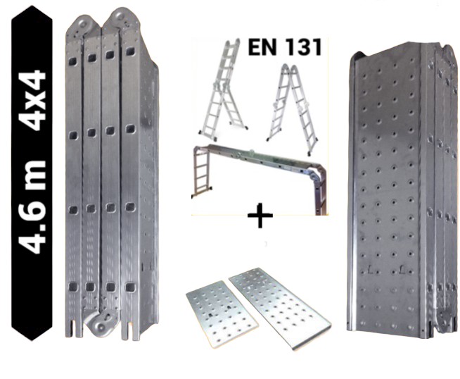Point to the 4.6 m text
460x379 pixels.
32,207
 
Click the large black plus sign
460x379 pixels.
260,216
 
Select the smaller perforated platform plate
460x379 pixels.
222,313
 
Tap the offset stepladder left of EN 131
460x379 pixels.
224,89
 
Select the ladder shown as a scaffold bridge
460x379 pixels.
260,179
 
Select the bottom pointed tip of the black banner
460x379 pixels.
32,340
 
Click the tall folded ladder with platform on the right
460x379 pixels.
402,188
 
